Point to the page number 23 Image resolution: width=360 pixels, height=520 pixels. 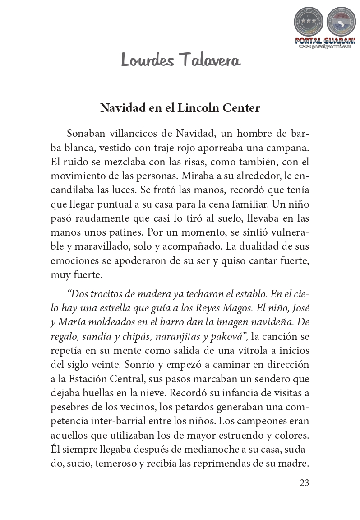pyautogui.click(x=304, y=483)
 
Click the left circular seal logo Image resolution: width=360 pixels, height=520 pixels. pyautogui.click(x=309, y=22)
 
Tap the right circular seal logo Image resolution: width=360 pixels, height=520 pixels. pyautogui.click(x=341, y=22)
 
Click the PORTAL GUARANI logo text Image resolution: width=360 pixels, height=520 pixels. pyautogui.click(x=325, y=41)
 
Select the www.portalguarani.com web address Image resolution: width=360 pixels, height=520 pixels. pyautogui.click(x=325, y=46)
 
